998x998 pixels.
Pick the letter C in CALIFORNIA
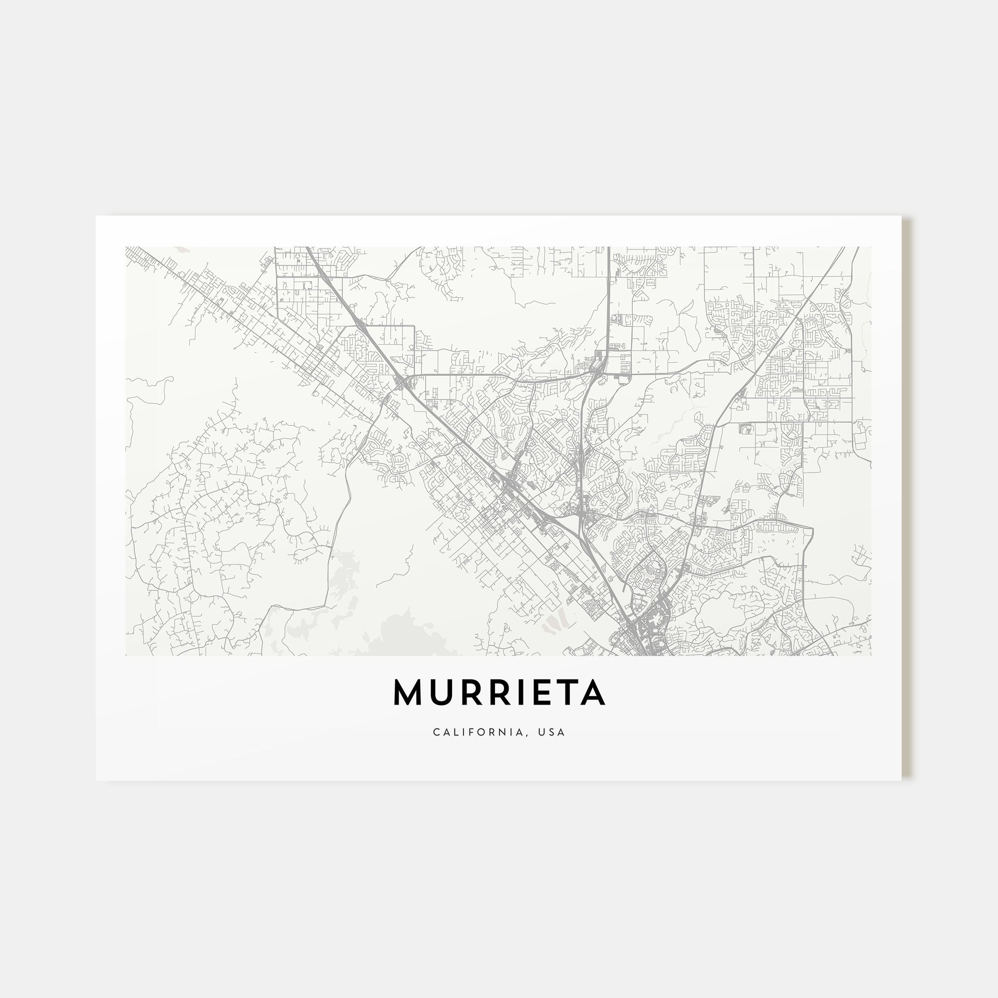pos(437,732)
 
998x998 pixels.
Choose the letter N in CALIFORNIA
pos(504,732)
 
